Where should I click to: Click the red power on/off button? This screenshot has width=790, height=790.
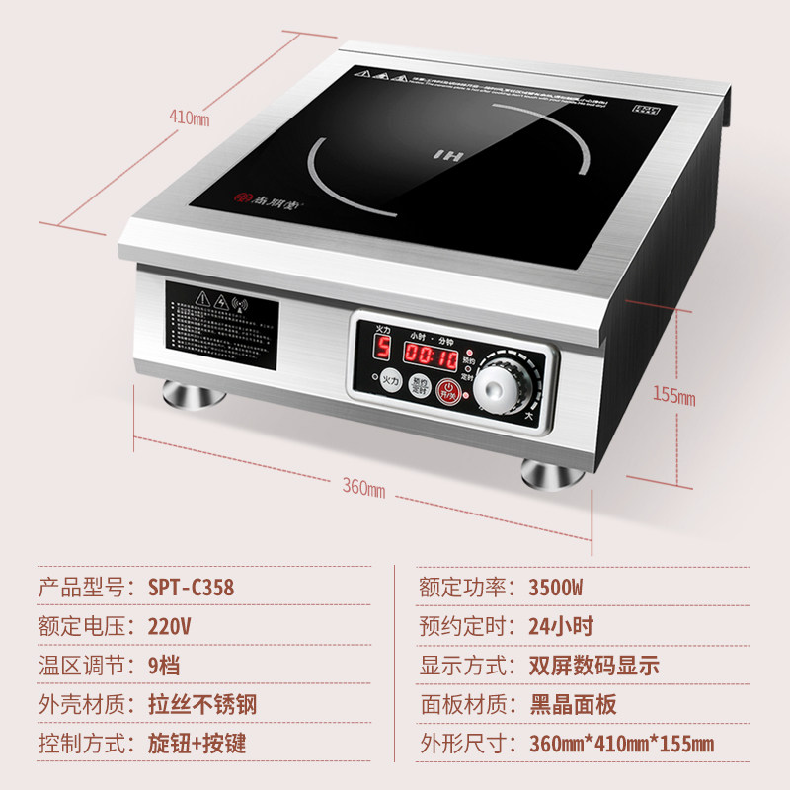pyautogui.click(x=449, y=391)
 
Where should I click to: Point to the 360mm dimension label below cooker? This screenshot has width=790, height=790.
pyautogui.click(x=363, y=489)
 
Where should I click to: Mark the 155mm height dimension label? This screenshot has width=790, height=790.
pyautogui.click(x=672, y=398)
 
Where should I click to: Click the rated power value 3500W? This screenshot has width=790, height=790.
pyautogui.click(x=556, y=587)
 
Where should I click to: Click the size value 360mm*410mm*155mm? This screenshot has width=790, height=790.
pyautogui.click(x=621, y=745)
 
